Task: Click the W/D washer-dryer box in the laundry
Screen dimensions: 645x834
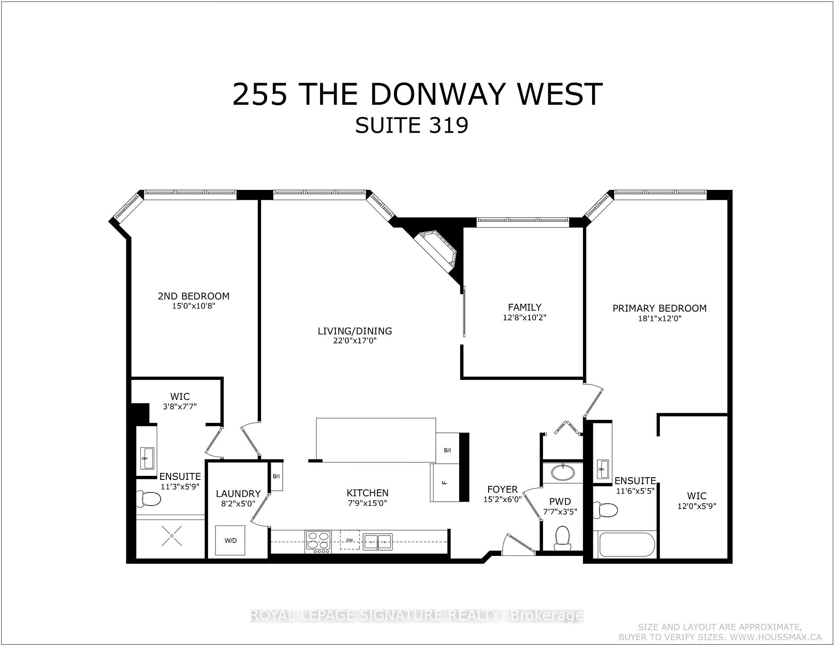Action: (x=230, y=540)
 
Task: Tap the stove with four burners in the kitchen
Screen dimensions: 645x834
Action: (x=318, y=542)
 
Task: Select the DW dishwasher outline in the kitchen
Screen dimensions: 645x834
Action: (x=350, y=540)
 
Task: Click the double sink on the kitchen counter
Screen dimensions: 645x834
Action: (x=377, y=541)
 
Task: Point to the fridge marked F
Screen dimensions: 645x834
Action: (x=445, y=483)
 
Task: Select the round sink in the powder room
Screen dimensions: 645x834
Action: (x=563, y=471)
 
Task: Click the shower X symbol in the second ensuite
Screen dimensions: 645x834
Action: (x=172, y=536)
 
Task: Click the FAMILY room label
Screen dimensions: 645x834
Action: (x=525, y=307)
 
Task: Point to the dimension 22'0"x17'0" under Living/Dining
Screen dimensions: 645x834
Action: (x=354, y=341)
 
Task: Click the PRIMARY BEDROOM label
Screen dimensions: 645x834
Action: (x=659, y=308)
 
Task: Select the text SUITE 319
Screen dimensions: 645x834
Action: (x=412, y=126)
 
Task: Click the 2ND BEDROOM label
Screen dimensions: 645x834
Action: (x=193, y=296)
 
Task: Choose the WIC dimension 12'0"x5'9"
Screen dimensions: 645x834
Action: (x=696, y=506)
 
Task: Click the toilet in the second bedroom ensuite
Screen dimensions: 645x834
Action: (x=148, y=499)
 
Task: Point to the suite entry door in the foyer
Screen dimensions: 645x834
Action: (x=517, y=543)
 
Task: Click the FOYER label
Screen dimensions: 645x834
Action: (x=503, y=489)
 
